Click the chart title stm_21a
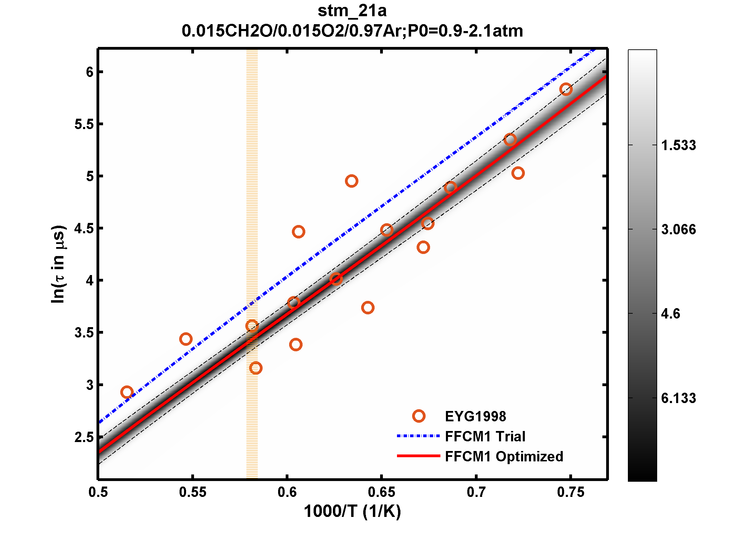352,11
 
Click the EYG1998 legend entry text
475,416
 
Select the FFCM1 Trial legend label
485,436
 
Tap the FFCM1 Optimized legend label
504,456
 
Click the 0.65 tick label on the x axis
381,492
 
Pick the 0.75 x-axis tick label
571,492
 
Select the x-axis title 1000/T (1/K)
352,511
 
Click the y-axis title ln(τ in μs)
58,264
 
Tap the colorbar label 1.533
678,145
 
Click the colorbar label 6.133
678,398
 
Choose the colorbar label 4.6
670,314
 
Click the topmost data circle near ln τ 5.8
566,89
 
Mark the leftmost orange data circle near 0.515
127,392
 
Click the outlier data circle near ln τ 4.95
351,181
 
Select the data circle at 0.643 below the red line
368,307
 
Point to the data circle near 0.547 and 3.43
186,339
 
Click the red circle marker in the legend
418,416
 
